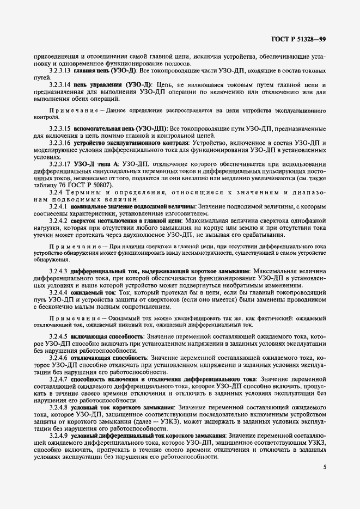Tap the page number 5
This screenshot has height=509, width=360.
325,467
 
